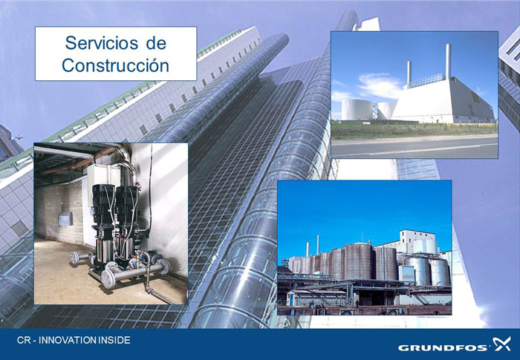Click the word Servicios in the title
[x=102, y=43]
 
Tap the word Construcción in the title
[x=115, y=65]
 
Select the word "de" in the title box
[x=156, y=43]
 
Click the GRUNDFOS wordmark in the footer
[x=443, y=347]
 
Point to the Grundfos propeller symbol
[x=501, y=344]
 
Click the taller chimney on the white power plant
[x=449, y=62]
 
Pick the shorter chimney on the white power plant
[x=409, y=73]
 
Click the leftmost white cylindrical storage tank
[x=357, y=109]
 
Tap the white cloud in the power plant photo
[x=380, y=85]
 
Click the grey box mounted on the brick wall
[x=65, y=219]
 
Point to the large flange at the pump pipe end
[x=108, y=279]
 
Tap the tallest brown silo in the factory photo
[x=358, y=261]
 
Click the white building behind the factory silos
[x=418, y=242]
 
